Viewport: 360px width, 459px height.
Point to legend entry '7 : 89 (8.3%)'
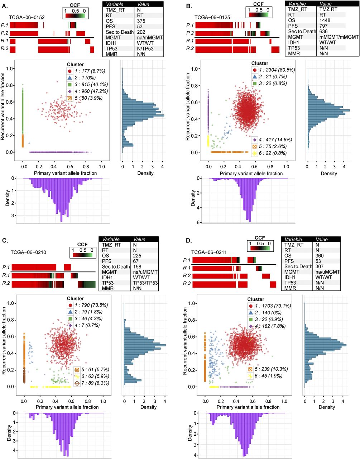[x=92, y=383]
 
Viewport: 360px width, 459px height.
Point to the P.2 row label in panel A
[x=5, y=33]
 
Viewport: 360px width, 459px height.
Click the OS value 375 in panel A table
[x=141, y=21]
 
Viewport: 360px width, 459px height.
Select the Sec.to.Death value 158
[x=138, y=266]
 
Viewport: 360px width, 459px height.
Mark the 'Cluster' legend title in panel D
[x=256, y=299]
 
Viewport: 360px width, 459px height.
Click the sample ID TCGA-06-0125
[x=212, y=17]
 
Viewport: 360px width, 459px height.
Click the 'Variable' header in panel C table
[x=111, y=240]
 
